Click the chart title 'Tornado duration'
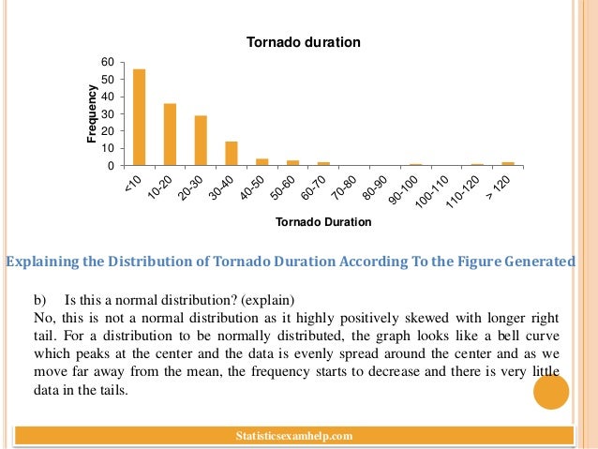click(x=303, y=42)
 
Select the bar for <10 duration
click(x=140, y=117)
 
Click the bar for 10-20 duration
click(x=170, y=134)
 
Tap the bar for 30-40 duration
click(x=232, y=154)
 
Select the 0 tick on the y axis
click(x=111, y=166)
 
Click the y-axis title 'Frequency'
click(x=92, y=113)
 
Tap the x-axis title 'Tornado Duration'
click(x=323, y=222)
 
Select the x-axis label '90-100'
click(x=409, y=189)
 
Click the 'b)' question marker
click(x=39, y=301)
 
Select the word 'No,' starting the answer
click(x=43, y=319)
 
